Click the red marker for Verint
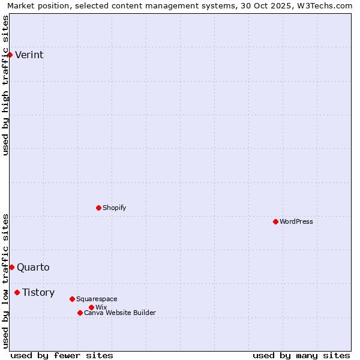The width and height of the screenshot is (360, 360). (10, 55)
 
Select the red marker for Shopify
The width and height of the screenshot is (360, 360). (98, 208)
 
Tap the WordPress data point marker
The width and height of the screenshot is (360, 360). (275, 221)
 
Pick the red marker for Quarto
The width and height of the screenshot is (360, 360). (11, 267)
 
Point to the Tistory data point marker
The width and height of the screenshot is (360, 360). (17, 292)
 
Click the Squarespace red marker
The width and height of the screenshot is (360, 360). (72, 299)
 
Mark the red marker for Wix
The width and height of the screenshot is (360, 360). (91, 307)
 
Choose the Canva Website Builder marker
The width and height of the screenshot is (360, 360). (80, 313)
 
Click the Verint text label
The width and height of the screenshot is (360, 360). (29, 55)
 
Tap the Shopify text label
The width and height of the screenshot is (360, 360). (114, 208)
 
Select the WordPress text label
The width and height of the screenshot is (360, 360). (296, 221)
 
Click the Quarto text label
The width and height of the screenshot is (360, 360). (33, 268)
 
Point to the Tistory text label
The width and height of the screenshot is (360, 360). (38, 293)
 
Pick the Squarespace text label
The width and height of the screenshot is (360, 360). (97, 299)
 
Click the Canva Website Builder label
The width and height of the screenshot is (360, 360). (119, 313)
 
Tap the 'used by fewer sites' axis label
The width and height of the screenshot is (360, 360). (62, 355)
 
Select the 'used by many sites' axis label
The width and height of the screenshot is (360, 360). (301, 355)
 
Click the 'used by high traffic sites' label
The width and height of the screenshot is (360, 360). (5, 85)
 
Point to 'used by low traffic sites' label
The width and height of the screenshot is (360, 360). (5, 281)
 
